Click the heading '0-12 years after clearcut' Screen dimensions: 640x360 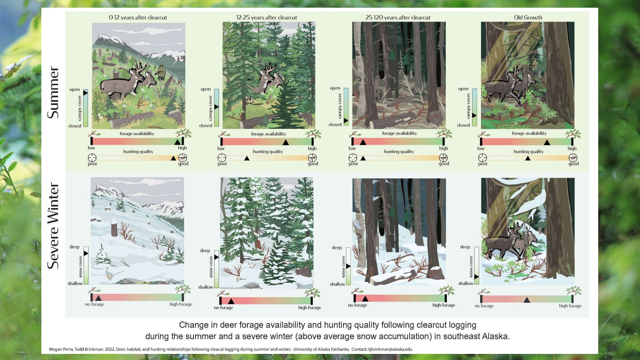(138, 17)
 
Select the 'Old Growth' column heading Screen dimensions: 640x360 (528, 17)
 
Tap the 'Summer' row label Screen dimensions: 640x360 (54, 92)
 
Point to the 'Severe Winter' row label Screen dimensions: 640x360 (54, 225)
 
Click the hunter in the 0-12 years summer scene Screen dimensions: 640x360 (161, 72)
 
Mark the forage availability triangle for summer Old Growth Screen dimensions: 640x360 (547, 142)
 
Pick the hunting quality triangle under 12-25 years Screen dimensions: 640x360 (247, 158)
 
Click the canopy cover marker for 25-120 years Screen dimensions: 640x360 (346, 121)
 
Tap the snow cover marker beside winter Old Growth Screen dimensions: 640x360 (476, 276)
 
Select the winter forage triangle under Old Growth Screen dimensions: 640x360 (527, 300)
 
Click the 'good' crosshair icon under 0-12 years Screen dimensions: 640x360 (183, 158)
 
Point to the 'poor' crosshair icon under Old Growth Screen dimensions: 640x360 (483, 158)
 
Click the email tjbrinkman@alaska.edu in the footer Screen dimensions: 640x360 (390, 349)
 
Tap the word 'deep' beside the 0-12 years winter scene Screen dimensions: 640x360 (75, 247)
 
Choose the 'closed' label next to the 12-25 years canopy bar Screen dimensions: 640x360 (206, 126)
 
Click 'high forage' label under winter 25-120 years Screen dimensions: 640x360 (443, 305)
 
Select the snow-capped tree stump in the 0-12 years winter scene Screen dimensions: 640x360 (114, 227)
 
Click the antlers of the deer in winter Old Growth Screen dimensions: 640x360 (518, 227)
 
